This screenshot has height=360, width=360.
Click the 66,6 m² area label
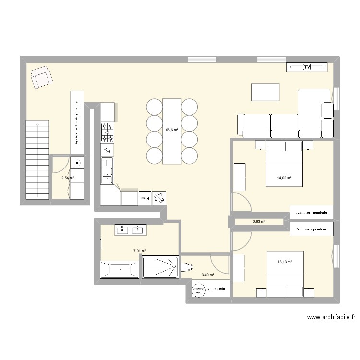172,130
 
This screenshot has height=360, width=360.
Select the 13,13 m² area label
284,262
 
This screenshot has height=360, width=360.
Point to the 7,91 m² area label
140,250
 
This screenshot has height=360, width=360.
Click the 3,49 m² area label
208,275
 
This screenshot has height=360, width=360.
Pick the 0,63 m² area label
259,222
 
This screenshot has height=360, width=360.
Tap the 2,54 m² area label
67,178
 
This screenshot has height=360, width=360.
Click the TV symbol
307,67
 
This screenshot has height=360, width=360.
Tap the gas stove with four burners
107,132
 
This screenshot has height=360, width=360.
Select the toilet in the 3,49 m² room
187,267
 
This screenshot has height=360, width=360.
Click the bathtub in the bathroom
120,270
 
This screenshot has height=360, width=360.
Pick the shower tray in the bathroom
160,267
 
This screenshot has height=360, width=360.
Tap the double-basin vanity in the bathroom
130,230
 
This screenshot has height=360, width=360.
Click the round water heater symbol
198,289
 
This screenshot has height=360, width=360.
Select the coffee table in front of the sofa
265,92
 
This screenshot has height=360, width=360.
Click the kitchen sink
107,170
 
